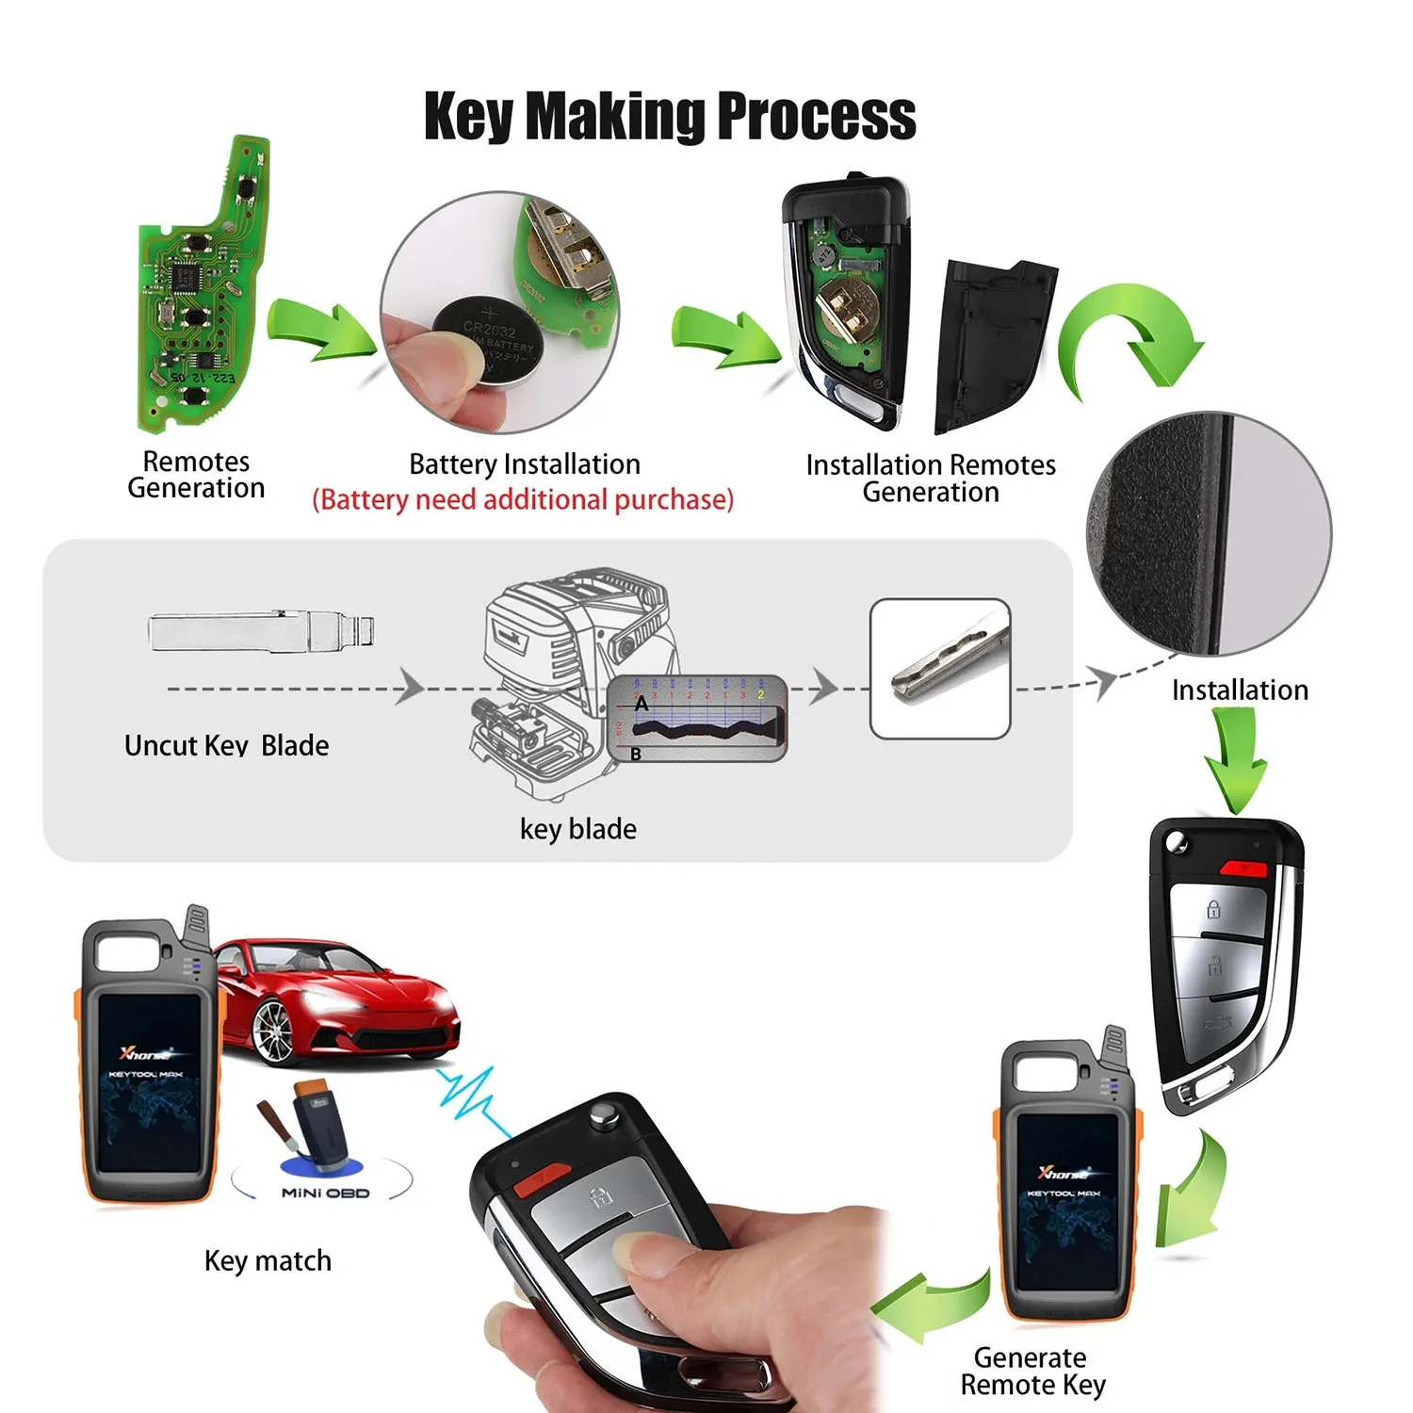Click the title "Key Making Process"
(670, 117)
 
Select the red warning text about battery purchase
(523, 499)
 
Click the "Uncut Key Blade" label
(226, 745)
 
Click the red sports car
(339, 1003)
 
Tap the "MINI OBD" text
(325, 1193)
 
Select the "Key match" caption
(268, 1260)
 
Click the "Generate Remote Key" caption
(1031, 1371)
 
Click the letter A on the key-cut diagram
(642, 704)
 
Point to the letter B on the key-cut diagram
(636, 754)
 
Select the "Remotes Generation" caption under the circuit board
(196, 475)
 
